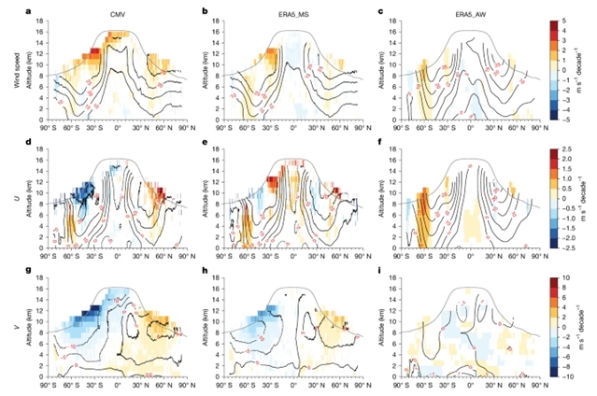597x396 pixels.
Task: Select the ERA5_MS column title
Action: point(293,10)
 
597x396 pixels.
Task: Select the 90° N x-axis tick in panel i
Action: point(529,384)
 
